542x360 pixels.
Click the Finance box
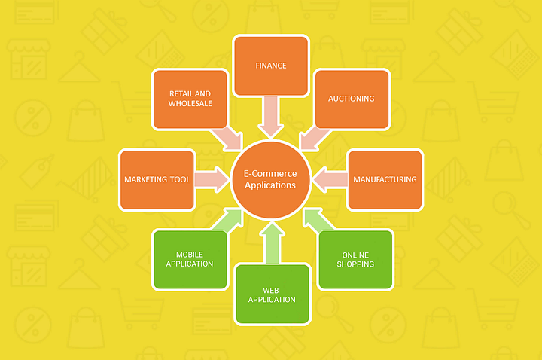[x=270, y=66]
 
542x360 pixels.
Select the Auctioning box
[x=352, y=99]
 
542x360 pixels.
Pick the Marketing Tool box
[x=157, y=179]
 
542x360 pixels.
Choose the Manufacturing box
[x=385, y=179]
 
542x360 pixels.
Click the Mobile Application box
[x=190, y=259]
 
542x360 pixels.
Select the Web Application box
[x=273, y=294]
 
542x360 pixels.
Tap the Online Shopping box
[x=355, y=259]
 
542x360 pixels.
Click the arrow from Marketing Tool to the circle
[x=212, y=179]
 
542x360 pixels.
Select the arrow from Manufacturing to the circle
[x=328, y=179]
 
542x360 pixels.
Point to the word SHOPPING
[x=355, y=264]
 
